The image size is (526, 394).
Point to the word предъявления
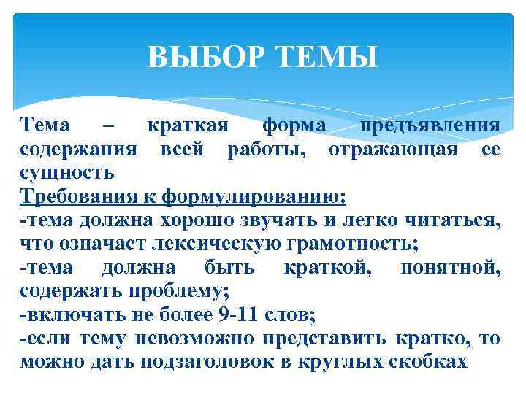click(430, 126)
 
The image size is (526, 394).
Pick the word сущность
click(67, 174)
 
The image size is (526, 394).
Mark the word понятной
click(451, 268)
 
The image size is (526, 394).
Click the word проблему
click(181, 292)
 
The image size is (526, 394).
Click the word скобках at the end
click(430, 363)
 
